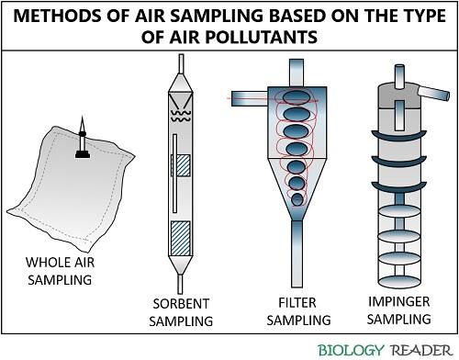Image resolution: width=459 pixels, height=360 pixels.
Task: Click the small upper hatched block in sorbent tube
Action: pos(183,165)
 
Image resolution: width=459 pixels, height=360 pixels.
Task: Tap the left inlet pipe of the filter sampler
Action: pos(250,97)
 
